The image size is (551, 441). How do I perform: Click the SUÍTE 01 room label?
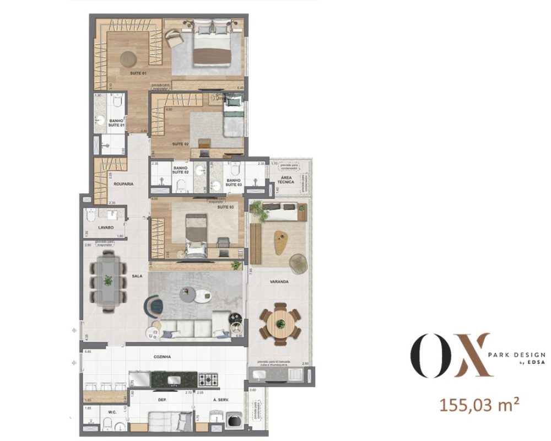(x=138, y=73)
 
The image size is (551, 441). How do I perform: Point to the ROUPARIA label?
(x=125, y=184)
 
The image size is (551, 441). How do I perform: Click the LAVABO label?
(x=106, y=227)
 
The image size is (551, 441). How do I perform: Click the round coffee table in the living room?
(x=197, y=296)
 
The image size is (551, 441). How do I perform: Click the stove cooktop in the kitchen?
(x=209, y=379)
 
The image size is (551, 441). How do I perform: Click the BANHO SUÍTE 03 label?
(x=233, y=182)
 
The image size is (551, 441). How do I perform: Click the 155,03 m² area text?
(x=478, y=405)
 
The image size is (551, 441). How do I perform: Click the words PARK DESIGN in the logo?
(x=517, y=355)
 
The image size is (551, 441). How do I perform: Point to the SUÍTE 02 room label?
(x=181, y=143)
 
